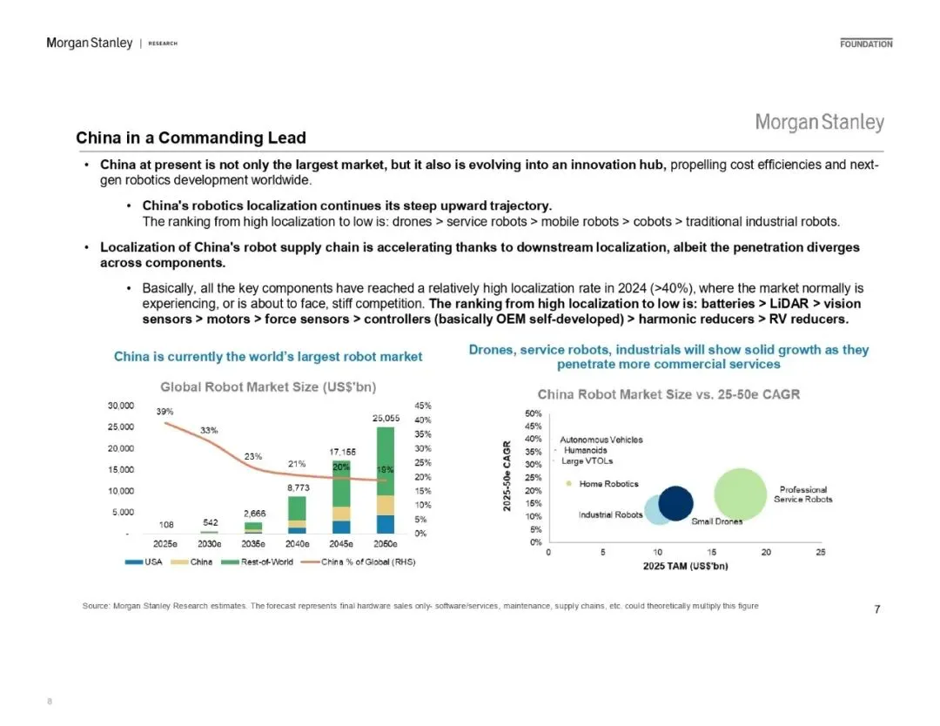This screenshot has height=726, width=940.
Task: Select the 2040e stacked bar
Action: [x=297, y=514]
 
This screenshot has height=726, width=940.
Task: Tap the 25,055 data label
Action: [x=386, y=419]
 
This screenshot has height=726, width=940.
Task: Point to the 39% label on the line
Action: [x=165, y=411]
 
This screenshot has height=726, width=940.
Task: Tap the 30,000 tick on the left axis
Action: [x=120, y=406]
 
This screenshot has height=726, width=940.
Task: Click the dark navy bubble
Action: [x=675, y=503]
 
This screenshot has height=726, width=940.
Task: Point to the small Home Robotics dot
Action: [x=568, y=484]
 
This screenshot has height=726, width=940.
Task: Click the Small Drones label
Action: [x=717, y=521]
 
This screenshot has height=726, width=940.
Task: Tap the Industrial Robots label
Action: [x=610, y=514]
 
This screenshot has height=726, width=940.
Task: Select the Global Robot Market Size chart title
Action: [x=268, y=386]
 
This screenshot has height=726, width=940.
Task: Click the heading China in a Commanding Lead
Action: [x=191, y=138]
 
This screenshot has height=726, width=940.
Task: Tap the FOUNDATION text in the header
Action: [x=866, y=44]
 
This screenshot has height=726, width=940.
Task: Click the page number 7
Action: [x=876, y=609]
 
